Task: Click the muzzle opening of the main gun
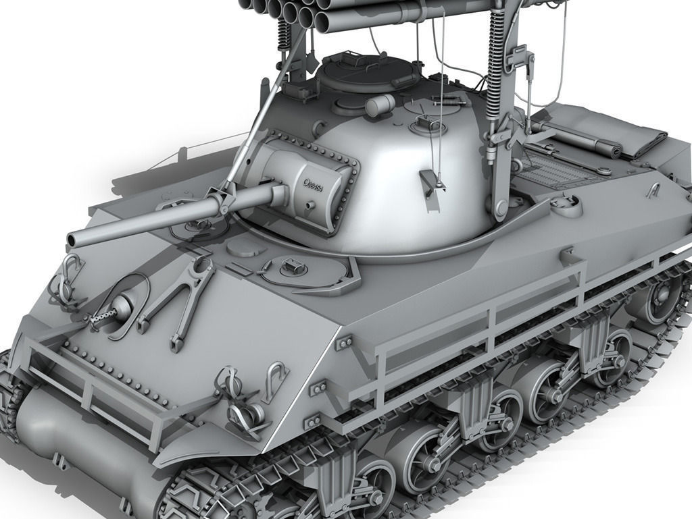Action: pyautogui.click(x=72, y=240)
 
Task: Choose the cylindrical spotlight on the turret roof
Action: pyautogui.click(x=380, y=105)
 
